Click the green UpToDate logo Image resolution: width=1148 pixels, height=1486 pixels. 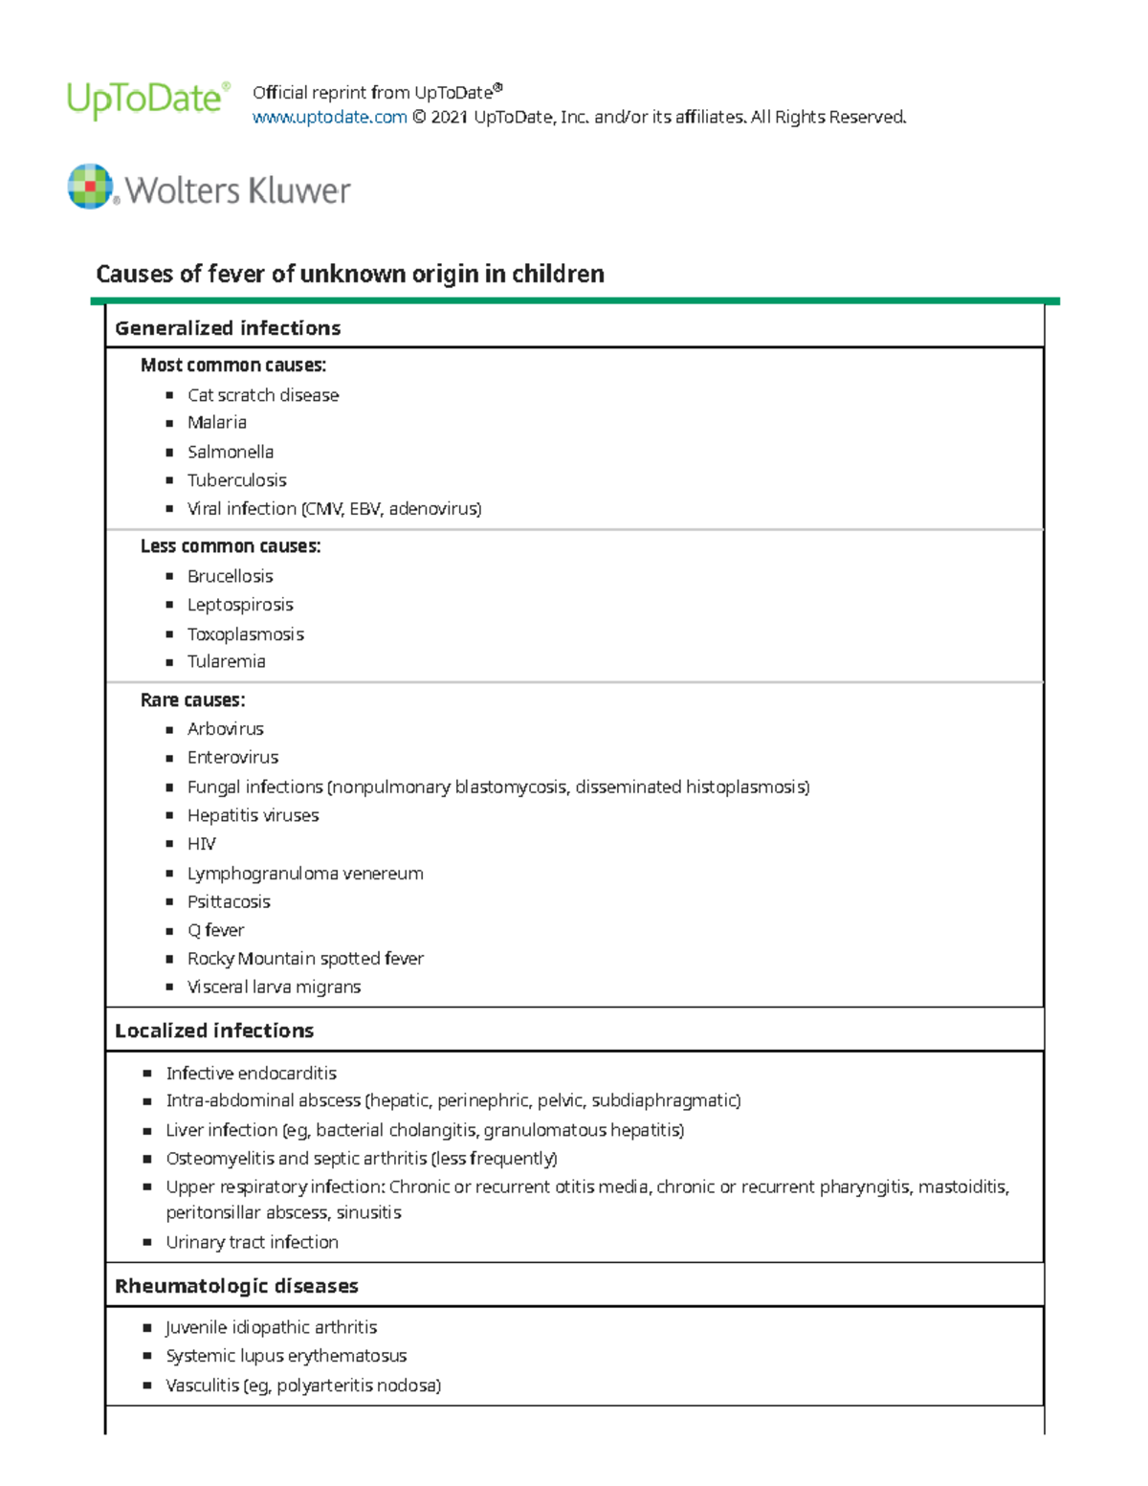coord(147,100)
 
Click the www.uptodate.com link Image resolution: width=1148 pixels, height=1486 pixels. coord(329,118)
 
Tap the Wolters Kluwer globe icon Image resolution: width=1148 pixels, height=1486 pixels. coord(91,186)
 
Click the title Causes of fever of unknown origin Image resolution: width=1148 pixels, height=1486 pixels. coord(350,275)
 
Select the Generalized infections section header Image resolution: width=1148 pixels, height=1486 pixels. coord(228,328)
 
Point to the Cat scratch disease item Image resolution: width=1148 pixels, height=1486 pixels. coord(263,395)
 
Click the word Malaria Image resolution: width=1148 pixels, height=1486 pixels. coord(217,423)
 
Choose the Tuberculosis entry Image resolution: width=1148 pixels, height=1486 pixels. coord(236,480)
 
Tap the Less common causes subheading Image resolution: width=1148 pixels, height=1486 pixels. coord(231,546)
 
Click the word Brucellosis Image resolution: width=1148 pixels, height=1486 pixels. coord(231,576)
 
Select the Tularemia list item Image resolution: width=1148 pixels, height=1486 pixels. coord(227,661)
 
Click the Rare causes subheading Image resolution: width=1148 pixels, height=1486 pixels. coord(192,700)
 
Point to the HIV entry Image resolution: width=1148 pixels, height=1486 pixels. coord(202,844)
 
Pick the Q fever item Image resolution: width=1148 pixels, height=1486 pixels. coord(216,930)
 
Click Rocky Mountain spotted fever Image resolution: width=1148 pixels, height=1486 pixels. coord(305,959)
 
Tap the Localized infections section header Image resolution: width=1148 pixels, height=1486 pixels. coord(214,1031)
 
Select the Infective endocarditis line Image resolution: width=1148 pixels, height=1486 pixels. coord(252,1074)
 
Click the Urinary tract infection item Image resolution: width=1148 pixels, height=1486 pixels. coord(253,1242)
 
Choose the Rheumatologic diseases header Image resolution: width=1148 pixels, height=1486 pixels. coord(236,1286)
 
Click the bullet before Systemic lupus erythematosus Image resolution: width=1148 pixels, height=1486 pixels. coord(147,1357)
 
